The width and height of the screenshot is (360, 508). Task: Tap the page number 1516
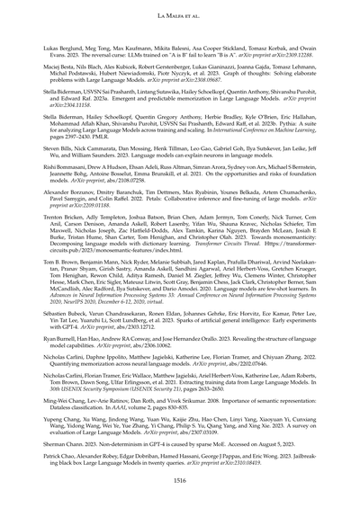pos(179,481)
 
